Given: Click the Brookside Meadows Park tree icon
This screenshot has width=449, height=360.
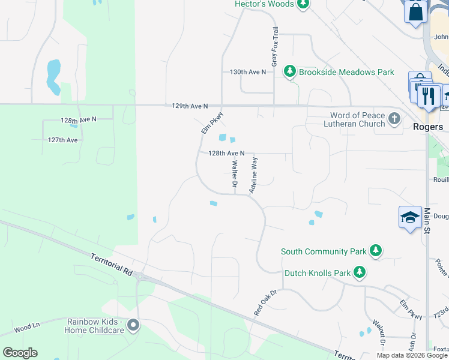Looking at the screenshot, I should point(291,72).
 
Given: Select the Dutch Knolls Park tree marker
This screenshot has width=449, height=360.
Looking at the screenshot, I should point(360,273).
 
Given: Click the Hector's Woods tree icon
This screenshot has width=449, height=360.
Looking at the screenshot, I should point(303,5).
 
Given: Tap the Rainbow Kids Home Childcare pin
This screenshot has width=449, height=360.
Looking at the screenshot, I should point(133,325).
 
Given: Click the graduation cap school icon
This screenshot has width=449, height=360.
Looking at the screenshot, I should point(409,217).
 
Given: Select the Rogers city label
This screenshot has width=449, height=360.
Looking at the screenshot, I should point(428,127).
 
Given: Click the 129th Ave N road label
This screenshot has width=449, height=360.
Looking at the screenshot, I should point(189,106).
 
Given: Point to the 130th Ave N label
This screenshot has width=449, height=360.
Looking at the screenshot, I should point(247,72).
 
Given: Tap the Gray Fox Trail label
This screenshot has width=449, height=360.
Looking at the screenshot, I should point(275,46).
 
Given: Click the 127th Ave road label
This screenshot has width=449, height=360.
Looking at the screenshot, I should point(63,140).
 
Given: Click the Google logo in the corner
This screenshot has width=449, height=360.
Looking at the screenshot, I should point(20,353).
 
